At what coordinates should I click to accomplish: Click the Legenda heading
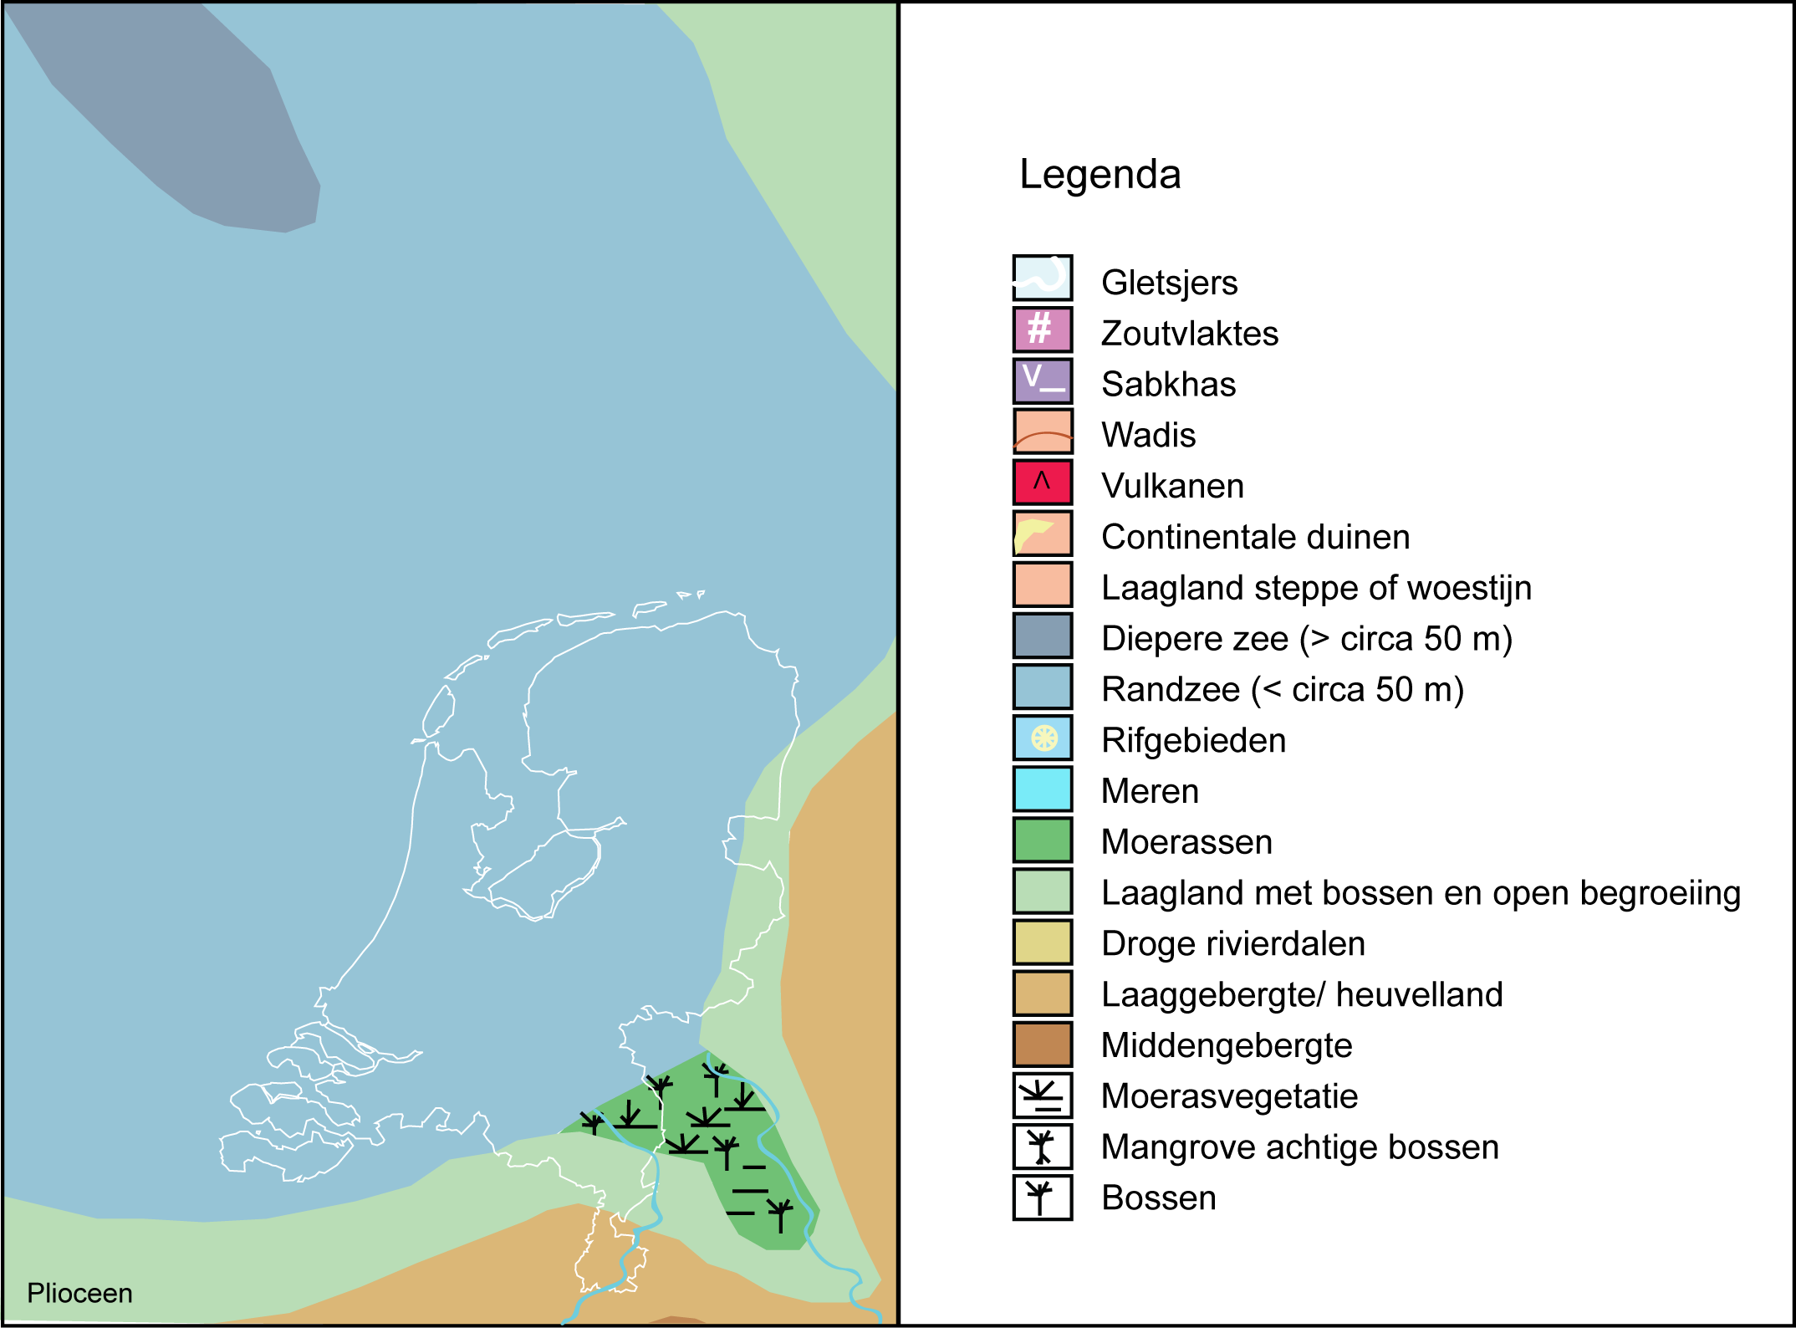[x=1099, y=175]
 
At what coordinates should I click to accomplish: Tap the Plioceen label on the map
[x=79, y=1293]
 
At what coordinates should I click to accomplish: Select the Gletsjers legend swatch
[x=1042, y=278]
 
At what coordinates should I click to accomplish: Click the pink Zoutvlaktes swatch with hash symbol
[x=1042, y=329]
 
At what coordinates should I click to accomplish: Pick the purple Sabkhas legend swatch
[x=1042, y=380]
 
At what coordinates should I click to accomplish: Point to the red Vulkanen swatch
[x=1042, y=482]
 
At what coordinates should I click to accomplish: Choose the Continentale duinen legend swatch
[x=1042, y=533]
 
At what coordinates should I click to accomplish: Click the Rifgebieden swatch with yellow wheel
[x=1042, y=738]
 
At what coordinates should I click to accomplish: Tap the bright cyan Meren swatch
[x=1042, y=789]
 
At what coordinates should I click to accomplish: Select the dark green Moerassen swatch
[x=1042, y=840]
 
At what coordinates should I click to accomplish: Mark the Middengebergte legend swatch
[x=1042, y=1044]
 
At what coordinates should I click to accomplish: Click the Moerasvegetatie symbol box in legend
[x=1042, y=1095]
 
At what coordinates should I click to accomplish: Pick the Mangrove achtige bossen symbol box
[x=1042, y=1146]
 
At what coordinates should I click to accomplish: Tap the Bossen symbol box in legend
[x=1042, y=1197]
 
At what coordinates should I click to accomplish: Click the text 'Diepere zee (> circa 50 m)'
[x=1306, y=639]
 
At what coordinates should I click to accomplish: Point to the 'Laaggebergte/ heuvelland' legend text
[x=1301, y=995]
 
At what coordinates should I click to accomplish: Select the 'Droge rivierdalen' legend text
[x=1232, y=944]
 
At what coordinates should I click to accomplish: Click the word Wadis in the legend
[x=1148, y=436]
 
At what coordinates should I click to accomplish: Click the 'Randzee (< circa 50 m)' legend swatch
[x=1042, y=687]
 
